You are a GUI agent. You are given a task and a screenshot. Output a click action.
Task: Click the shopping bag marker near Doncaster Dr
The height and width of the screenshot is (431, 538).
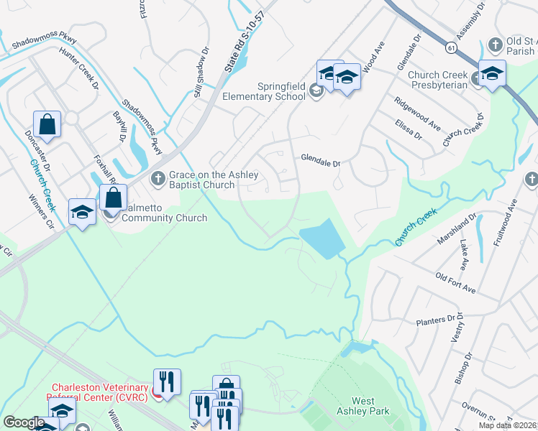click(47, 124)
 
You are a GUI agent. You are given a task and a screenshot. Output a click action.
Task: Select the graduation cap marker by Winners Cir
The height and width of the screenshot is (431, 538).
click(82, 212)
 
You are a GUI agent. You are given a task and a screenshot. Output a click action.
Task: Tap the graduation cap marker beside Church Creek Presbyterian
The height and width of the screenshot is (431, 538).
click(492, 74)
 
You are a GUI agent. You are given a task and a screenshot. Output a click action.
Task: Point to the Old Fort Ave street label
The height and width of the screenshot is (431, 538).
click(456, 282)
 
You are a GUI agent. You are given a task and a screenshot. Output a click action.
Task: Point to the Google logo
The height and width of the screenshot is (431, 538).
click(24, 422)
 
